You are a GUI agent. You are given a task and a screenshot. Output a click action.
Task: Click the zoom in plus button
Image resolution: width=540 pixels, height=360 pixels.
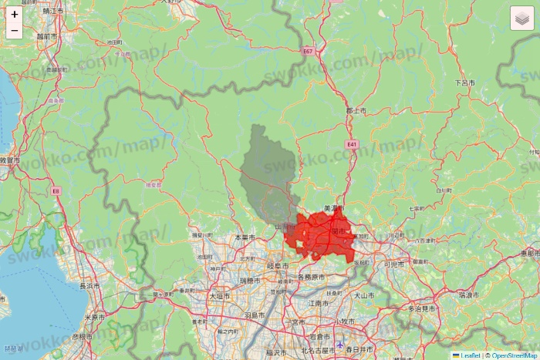pyautogui.click(x=15, y=14)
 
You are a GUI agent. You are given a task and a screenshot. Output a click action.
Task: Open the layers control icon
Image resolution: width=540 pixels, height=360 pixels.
pyautogui.click(x=522, y=18)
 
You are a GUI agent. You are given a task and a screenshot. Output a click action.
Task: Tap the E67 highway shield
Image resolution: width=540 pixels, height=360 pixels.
pyautogui.click(x=309, y=51)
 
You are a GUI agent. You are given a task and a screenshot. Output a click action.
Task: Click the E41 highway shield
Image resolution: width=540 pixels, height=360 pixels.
pyautogui.click(x=352, y=144)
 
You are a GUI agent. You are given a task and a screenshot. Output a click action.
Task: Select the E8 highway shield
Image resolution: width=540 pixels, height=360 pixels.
pyautogui.click(x=56, y=190)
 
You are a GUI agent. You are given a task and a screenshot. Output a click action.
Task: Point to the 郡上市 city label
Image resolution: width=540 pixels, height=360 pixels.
pyautogui.click(x=356, y=111)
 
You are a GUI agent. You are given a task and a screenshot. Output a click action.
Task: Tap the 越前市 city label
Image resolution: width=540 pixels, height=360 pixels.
pyautogui.click(x=46, y=35)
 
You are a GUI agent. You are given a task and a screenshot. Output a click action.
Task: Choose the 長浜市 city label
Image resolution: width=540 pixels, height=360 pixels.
pyautogui.click(x=89, y=285)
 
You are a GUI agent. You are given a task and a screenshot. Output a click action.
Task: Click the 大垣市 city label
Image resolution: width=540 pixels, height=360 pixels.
pyautogui.click(x=220, y=295)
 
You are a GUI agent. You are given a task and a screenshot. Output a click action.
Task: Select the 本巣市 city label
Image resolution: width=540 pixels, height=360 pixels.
pyautogui.click(x=244, y=237)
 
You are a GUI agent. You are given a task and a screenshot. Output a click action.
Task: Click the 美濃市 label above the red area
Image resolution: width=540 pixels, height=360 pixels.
pyautogui.click(x=333, y=208)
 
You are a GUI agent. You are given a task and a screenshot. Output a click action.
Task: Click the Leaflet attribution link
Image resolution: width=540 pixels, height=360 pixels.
pyautogui.click(x=470, y=355)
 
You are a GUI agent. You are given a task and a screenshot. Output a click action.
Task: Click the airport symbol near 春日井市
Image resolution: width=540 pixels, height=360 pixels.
pyautogui.click(x=341, y=344)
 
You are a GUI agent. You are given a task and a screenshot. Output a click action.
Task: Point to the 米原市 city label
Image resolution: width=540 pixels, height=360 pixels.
pyautogui.click(x=94, y=317)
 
